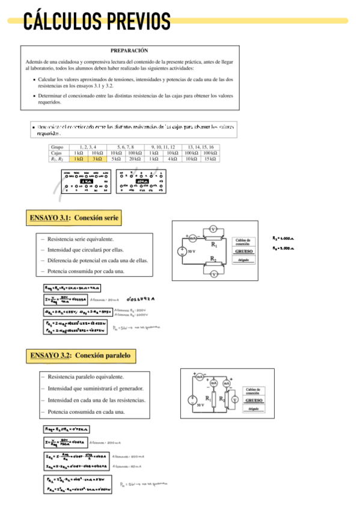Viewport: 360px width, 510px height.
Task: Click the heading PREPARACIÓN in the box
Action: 129,51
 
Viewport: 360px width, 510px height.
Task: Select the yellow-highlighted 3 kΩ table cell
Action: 97,159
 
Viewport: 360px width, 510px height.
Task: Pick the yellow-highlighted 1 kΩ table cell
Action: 78,159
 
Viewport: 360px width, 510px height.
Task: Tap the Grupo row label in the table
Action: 58,147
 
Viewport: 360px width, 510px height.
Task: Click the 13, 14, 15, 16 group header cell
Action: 201,147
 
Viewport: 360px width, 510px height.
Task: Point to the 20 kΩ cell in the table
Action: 134,159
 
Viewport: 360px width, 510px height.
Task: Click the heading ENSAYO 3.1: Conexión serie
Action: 75,217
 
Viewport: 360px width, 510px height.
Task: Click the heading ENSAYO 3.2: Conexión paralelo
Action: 80,355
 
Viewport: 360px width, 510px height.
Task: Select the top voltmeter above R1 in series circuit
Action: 213,229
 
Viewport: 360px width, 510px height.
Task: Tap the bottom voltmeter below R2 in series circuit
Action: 213,274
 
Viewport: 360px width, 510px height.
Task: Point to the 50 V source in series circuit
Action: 183,251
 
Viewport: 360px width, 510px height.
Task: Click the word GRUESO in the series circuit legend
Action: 243,252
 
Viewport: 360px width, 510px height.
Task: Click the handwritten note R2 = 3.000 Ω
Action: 283,248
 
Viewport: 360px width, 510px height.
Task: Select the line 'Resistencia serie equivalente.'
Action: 81,239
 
